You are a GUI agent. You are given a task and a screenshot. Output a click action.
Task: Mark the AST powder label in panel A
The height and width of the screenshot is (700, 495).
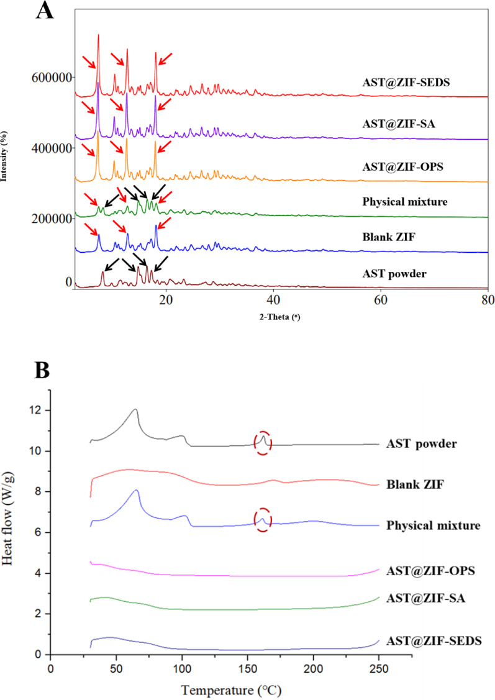[x=392, y=273]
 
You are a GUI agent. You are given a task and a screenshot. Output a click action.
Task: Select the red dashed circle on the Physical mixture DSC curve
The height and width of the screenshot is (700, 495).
[x=263, y=520]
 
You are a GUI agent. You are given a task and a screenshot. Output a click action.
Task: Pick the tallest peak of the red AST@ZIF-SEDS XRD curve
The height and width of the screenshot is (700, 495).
[x=98, y=35]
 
